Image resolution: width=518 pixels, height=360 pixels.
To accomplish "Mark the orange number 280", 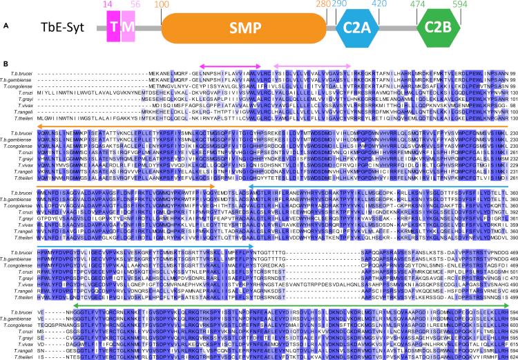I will tap(321, 4).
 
